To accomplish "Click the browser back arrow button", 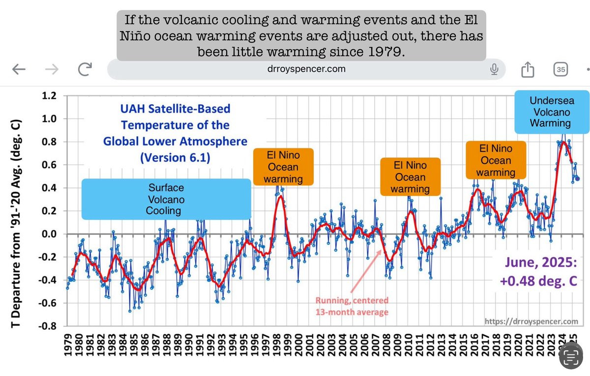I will coord(19,70).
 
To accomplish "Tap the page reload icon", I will coord(85,70).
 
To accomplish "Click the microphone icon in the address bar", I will coord(494,69).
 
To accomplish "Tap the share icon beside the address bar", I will coord(527,70).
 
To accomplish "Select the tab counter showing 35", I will coord(560,69).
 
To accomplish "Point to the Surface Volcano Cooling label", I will coord(166,199).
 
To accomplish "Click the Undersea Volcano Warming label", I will coord(551,112).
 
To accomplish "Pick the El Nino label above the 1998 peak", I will coord(283,167).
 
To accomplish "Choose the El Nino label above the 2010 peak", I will coord(410,177).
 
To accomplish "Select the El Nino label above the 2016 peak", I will coord(496,160).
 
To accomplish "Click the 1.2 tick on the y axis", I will coord(51,95).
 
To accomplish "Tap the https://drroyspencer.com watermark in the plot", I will coord(531,321).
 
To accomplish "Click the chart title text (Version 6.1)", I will coord(175,158).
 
